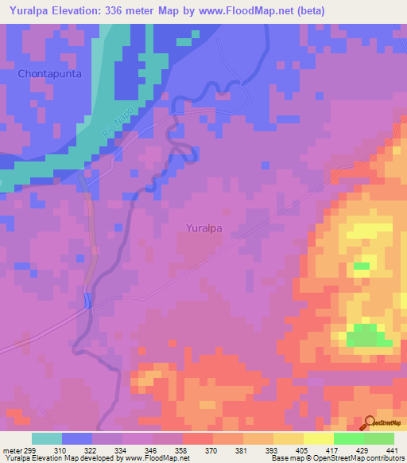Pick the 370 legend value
[213, 449]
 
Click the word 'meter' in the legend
[11, 449]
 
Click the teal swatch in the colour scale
[47, 438]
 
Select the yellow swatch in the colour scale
[319, 438]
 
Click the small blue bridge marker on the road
[87, 299]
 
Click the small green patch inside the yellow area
[362, 266]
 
